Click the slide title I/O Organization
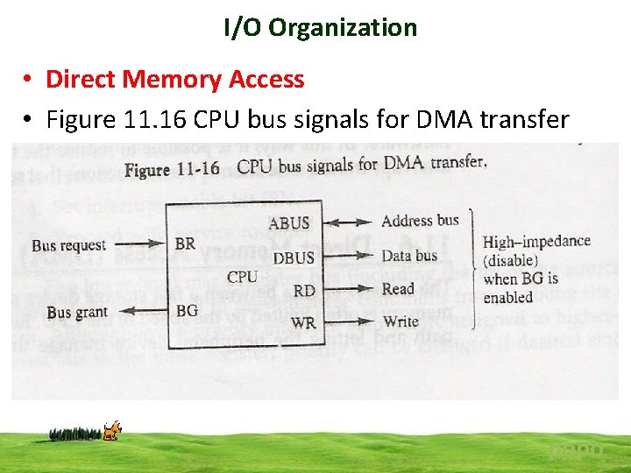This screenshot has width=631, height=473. point(320,28)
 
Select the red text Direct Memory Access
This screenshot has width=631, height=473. point(174,80)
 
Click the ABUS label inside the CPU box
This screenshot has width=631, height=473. point(289,222)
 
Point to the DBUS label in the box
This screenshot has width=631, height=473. point(294,258)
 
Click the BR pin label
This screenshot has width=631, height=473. point(186,244)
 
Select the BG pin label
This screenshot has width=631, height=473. point(187,310)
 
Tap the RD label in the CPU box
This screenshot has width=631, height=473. point(304,291)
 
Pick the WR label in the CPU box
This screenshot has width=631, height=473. point(302,322)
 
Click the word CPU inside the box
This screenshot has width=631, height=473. point(242,277)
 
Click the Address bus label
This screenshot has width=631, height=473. point(420,221)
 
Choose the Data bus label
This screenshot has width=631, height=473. point(408,256)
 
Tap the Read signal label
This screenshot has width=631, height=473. point(397,289)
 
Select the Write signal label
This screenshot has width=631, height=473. point(401,321)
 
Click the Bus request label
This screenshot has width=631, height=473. point(68,245)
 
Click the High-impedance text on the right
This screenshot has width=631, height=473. point(536,242)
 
